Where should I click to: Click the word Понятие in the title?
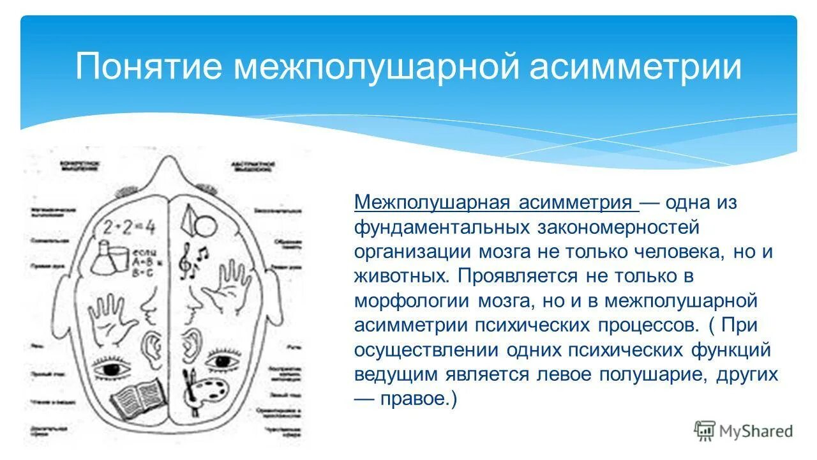148,67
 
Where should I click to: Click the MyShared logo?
744,431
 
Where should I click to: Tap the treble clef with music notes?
191,259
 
